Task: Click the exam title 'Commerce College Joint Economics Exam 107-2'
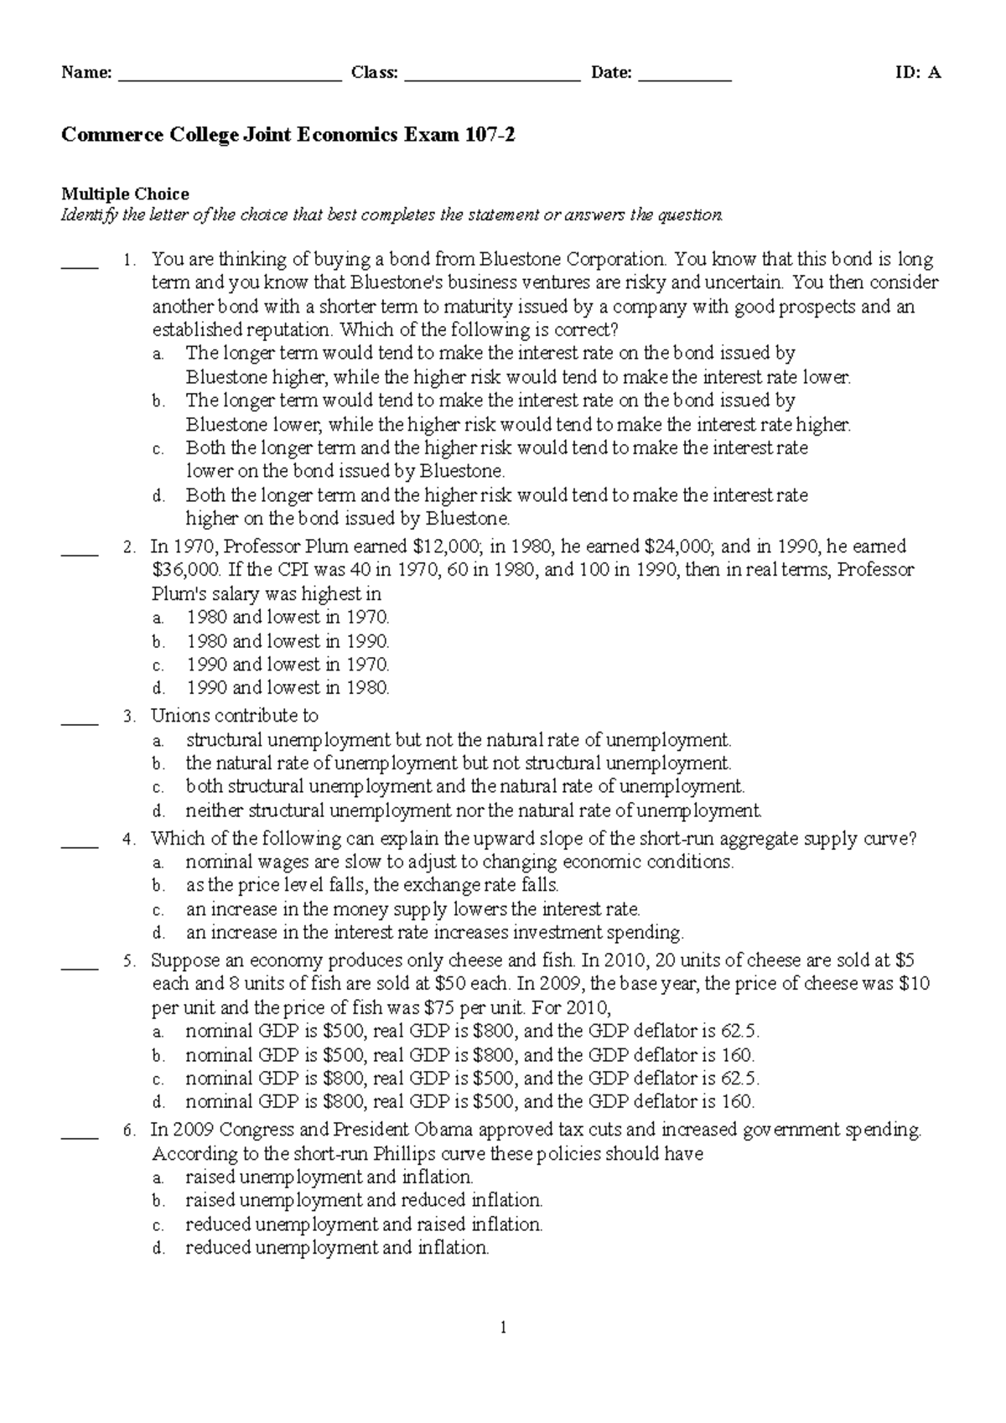(288, 133)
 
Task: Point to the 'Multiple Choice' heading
(125, 194)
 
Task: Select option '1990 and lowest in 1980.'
(288, 688)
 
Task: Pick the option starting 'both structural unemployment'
(464, 787)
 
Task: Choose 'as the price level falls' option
(371, 886)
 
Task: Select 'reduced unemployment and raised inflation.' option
(364, 1224)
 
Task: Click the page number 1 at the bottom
(503, 1327)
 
